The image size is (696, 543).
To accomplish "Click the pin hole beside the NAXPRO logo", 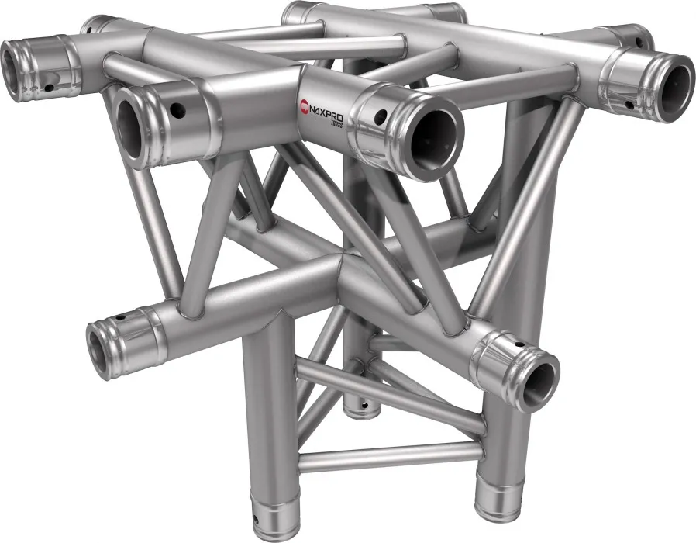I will [x=380, y=118].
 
